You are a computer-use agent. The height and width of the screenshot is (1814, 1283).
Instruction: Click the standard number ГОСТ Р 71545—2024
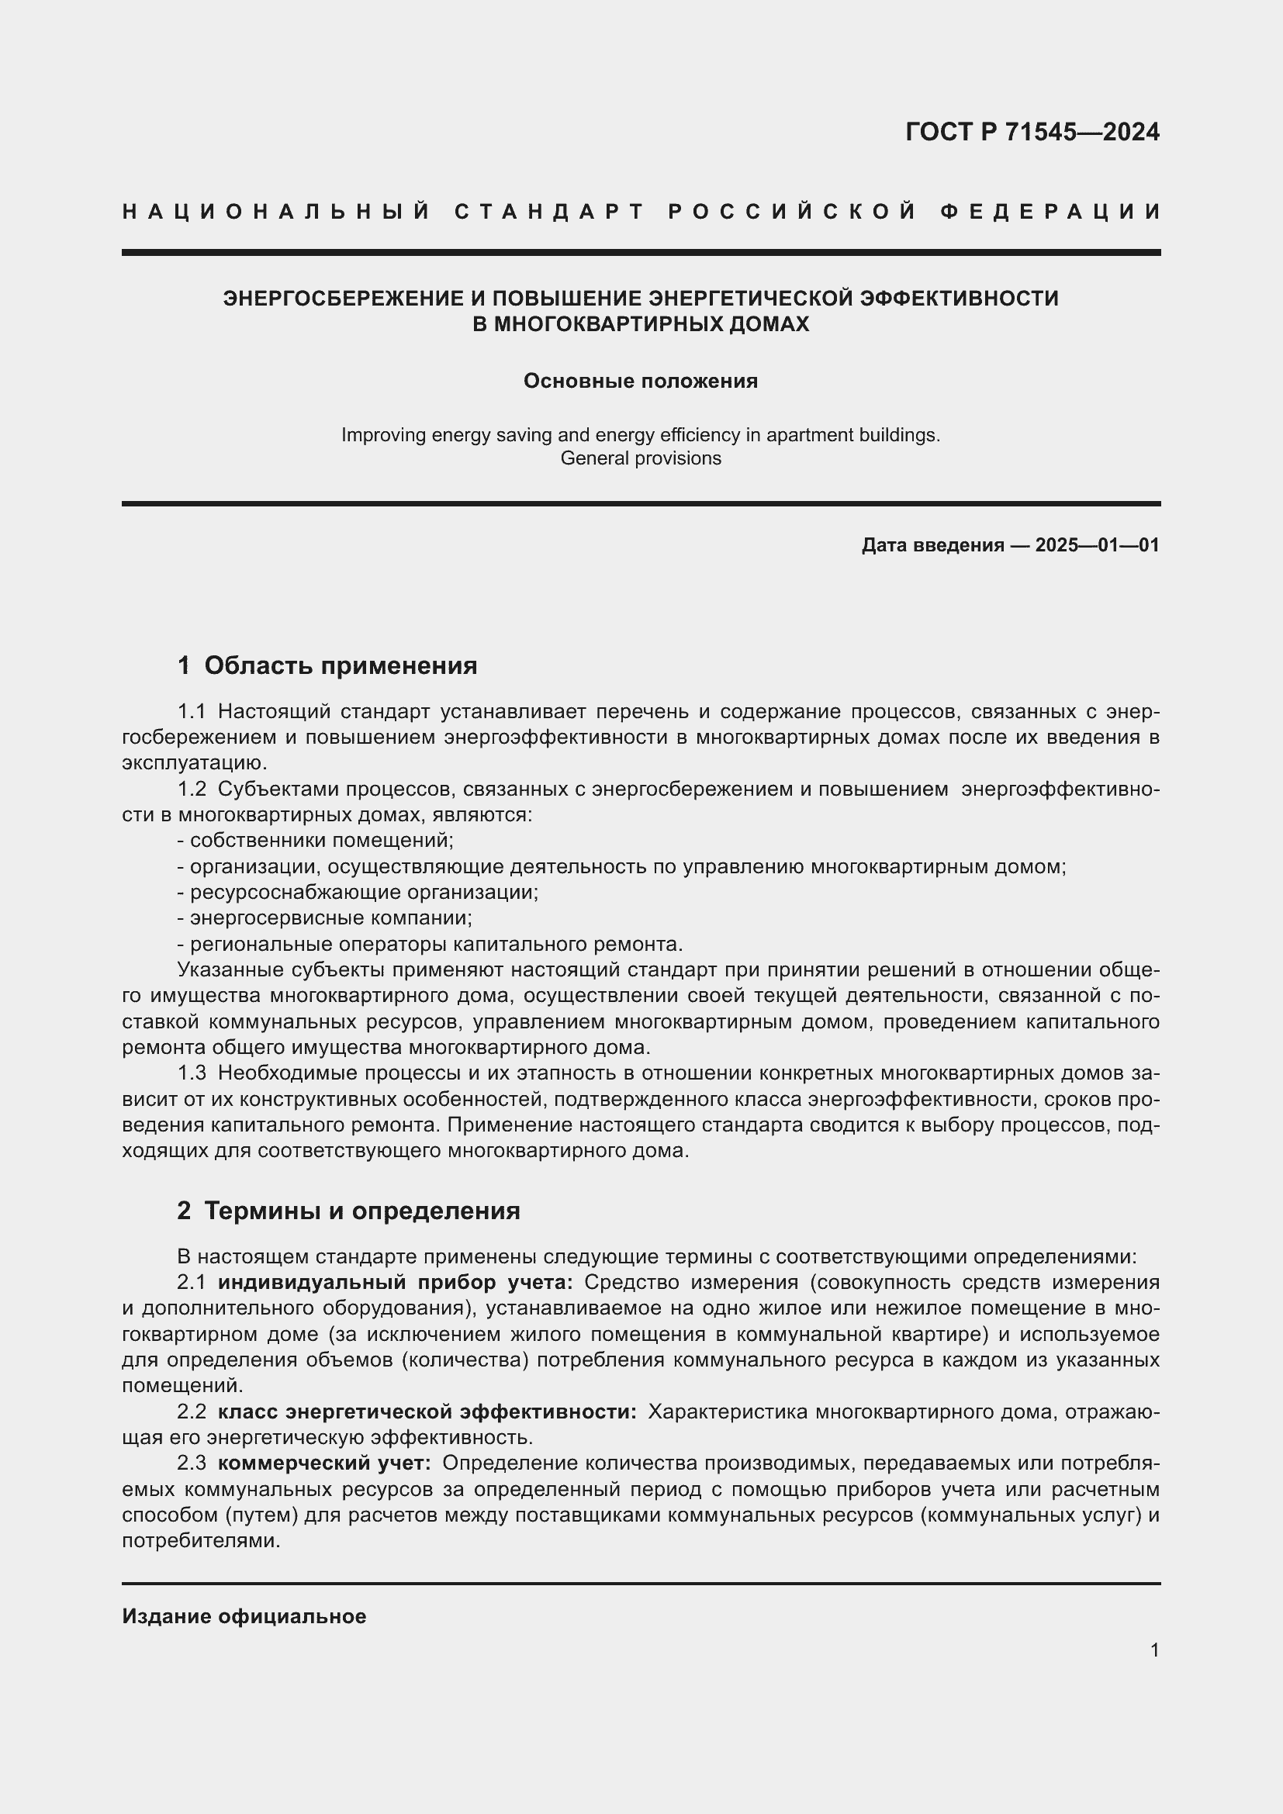1032,132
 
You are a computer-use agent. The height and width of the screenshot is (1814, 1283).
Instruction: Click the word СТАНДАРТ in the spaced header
549,212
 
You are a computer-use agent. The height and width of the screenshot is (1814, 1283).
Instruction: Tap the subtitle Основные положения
640,381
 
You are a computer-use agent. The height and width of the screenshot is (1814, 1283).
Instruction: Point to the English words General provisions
640,458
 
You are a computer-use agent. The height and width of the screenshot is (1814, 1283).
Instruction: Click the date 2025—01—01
1097,545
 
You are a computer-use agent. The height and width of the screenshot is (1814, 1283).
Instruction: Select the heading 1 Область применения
327,665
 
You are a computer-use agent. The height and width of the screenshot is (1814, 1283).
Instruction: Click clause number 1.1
191,711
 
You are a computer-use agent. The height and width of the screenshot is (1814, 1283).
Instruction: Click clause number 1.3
191,1073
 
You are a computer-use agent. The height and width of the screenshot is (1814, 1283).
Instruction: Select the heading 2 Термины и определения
348,1211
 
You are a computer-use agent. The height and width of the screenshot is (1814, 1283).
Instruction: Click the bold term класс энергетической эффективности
427,1411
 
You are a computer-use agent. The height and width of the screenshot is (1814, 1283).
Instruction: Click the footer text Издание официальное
244,1616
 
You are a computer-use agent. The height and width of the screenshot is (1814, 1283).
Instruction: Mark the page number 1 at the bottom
1154,1650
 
